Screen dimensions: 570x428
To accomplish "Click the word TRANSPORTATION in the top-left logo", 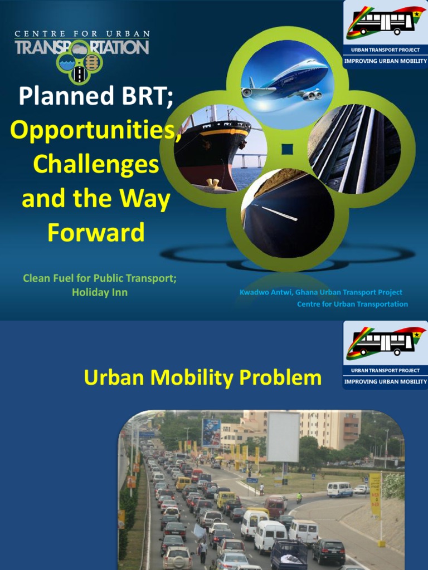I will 81,47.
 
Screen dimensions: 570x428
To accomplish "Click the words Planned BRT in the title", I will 95,96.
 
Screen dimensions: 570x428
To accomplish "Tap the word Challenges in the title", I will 95,165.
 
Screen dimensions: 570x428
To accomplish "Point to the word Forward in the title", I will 96,233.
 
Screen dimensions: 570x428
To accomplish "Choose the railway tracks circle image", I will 354,149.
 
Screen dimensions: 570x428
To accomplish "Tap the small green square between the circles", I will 287,149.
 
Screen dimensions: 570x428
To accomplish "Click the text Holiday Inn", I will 100,292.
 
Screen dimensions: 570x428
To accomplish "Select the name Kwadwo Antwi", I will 266,292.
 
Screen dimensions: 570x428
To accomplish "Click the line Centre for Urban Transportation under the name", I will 352,304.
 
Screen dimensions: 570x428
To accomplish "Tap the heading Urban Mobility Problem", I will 202,378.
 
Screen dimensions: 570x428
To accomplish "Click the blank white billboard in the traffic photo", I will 283,437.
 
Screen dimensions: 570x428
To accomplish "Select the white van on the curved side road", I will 339,489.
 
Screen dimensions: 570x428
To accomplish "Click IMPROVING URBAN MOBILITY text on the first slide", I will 385,61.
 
